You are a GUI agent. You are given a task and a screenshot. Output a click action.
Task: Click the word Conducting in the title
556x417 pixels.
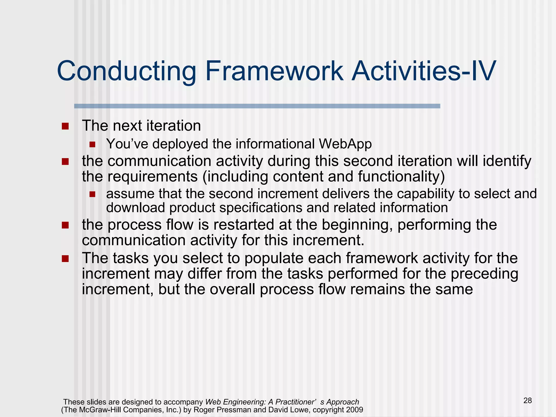(x=127, y=71)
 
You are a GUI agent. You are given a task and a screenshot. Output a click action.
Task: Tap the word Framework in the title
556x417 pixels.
(x=274, y=71)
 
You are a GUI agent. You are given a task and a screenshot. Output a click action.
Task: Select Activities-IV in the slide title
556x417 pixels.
(x=424, y=71)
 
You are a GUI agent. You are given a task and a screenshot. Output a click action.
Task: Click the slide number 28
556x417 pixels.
(x=527, y=400)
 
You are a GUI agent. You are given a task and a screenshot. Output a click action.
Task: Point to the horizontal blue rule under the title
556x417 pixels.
(x=257, y=106)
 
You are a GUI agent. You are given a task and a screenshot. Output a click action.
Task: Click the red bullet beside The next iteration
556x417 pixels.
(x=65, y=126)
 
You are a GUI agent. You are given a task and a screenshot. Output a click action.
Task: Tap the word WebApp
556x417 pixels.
(x=345, y=144)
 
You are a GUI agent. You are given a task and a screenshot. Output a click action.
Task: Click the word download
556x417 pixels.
(x=135, y=208)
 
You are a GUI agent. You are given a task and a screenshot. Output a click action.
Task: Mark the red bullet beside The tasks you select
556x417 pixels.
(x=65, y=258)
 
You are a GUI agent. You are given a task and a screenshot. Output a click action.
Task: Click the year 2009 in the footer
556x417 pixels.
(x=354, y=410)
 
